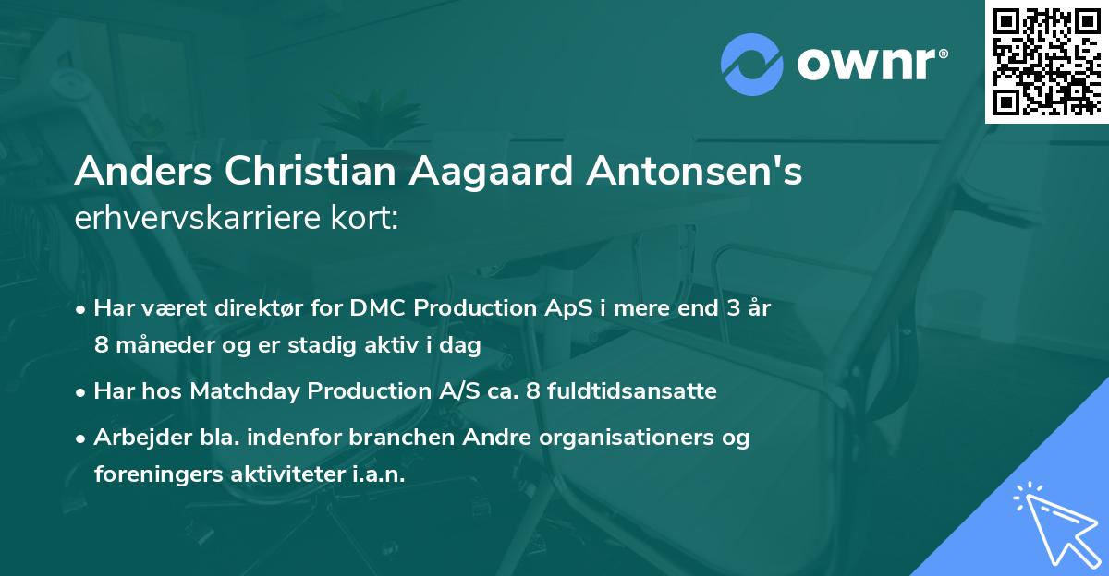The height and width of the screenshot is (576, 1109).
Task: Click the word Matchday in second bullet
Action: (235, 391)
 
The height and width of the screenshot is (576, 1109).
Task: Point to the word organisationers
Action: (623, 438)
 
